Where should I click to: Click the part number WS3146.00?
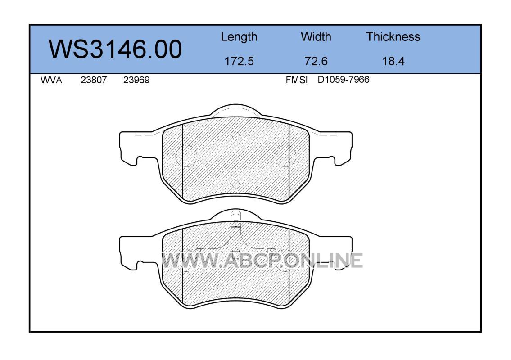coord(115,49)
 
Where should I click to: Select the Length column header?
coord(239,37)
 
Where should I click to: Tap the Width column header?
coord(316,36)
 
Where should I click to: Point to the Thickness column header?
coord(393,36)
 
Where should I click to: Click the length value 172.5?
coord(239,61)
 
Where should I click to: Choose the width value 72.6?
coord(316,61)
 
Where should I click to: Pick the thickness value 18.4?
coord(393,61)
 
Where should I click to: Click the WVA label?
coord(51,80)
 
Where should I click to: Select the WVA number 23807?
coord(94,80)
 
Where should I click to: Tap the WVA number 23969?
coord(136,80)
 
